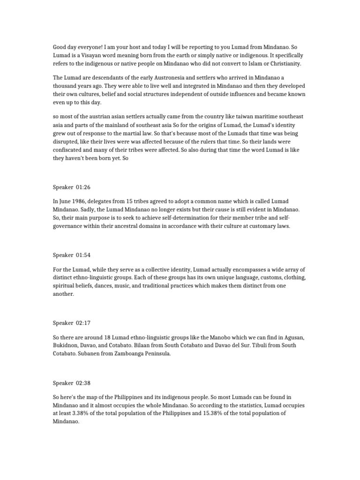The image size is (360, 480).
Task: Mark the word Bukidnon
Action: point(65,345)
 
